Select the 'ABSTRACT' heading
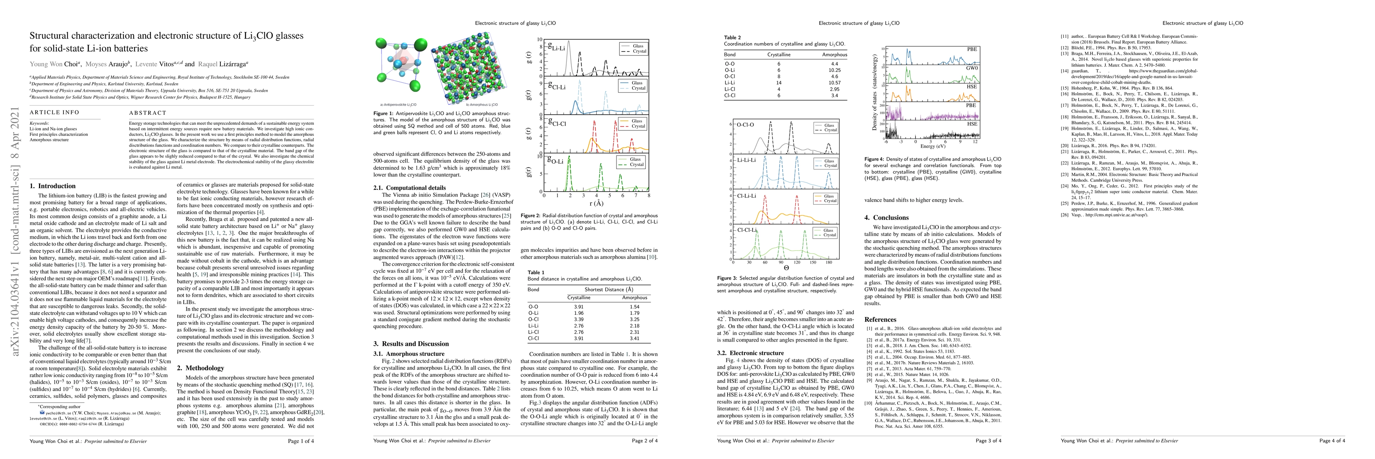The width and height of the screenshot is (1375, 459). coord(147,113)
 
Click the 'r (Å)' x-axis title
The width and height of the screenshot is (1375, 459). coord(596,203)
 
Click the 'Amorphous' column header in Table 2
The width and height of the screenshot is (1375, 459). coord(834,54)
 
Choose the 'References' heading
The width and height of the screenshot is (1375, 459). coord(880,319)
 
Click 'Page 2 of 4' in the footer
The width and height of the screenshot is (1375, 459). coord(644,441)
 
